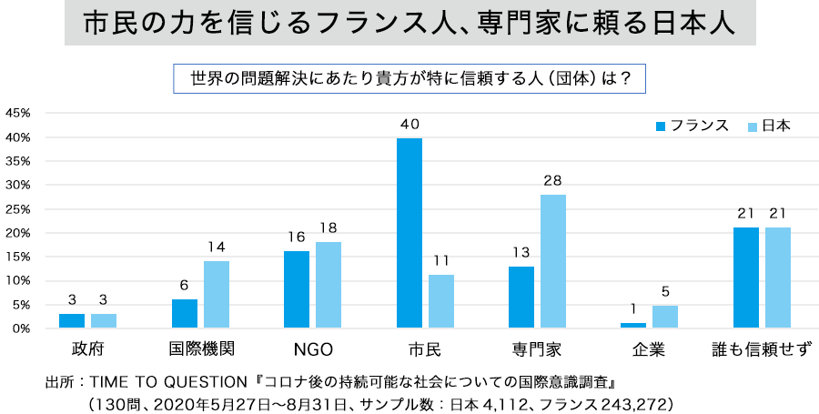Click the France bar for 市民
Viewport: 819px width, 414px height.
pyautogui.click(x=409, y=233)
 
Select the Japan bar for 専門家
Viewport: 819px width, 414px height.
pyautogui.click(x=553, y=261)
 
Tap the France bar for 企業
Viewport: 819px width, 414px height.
pyautogui.click(x=633, y=325)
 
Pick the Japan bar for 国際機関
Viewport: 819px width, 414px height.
pyautogui.click(x=217, y=295)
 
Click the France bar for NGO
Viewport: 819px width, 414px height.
pyautogui.click(x=297, y=289)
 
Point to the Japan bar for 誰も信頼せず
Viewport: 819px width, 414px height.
pyautogui.click(x=778, y=278)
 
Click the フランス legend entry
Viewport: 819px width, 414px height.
pyautogui.click(x=693, y=126)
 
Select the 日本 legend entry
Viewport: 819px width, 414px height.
pyautogui.click(x=769, y=126)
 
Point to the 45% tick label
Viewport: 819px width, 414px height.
pyautogui.click(x=18, y=113)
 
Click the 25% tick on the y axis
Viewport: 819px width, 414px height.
pyautogui.click(x=18, y=209)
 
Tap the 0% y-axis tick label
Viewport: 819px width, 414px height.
pyautogui.click(x=22, y=328)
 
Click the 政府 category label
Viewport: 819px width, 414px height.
pyautogui.click(x=87, y=348)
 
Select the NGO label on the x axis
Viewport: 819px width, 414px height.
pyautogui.click(x=313, y=349)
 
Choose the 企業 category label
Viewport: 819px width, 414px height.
pyautogui.click(x=649, y=348)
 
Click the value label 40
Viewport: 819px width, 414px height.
pyautogui.click(x=409, y=125)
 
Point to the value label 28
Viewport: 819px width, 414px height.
pyautogui.click(x=553, y=181)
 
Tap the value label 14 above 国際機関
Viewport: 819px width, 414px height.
pyautogui.click(x=217, y=247)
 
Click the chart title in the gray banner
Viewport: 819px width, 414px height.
pyautogui.click(x=409, y=24)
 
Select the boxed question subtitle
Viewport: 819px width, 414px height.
pyautogui.click(x=409, y=79)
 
